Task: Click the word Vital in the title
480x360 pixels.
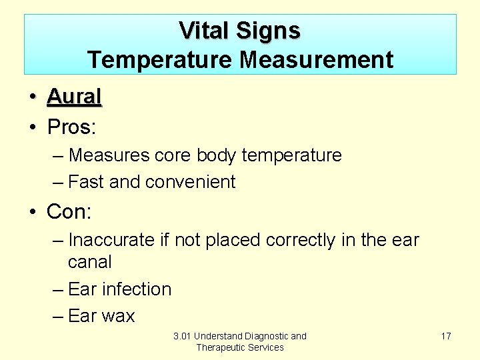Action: (203, 31)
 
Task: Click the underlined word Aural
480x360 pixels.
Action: (74, 97)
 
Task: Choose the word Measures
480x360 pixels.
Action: (109, 155)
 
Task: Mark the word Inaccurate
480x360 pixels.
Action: (111, 240)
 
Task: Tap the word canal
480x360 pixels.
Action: (90, 262)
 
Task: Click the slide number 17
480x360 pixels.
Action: (446, 336)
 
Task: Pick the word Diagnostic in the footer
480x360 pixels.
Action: (267, 336)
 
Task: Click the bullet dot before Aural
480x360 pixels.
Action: (32, 97)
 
